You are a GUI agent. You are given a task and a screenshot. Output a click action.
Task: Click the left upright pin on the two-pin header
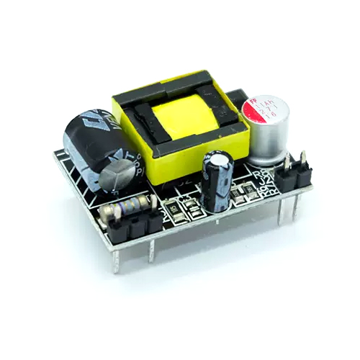tap(288, 163)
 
